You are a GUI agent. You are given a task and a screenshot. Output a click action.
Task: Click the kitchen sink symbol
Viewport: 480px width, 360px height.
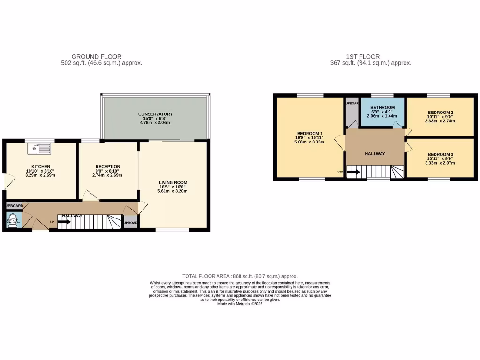(39, 149)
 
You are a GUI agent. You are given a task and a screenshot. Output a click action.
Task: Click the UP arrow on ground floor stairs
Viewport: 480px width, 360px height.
(64, 222)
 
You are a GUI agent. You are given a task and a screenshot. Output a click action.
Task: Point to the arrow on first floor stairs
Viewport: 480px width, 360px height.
(353, 172)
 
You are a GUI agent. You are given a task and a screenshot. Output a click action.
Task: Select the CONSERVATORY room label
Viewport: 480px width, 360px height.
(155, 114)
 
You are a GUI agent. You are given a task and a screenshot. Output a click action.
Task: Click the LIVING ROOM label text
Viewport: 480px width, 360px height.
(173, 182)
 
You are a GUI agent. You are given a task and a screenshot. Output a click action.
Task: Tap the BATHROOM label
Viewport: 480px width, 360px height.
(382, 107)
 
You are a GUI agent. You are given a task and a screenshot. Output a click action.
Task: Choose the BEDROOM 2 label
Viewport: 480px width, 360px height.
(440, 112)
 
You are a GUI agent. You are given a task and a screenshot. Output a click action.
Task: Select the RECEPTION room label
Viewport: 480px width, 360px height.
(108, 166)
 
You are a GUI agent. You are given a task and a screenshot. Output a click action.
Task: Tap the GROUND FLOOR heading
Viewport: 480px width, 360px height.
(96, 57)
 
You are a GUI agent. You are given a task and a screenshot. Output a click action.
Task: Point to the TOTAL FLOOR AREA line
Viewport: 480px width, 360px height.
(240, 277)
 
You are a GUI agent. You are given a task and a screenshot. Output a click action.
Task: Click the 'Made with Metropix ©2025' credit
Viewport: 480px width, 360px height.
(240, 304)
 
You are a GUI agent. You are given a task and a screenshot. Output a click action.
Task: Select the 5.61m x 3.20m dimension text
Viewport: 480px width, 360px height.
(173, 191)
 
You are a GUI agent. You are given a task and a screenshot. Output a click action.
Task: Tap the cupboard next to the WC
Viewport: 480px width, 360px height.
(14, 206)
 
